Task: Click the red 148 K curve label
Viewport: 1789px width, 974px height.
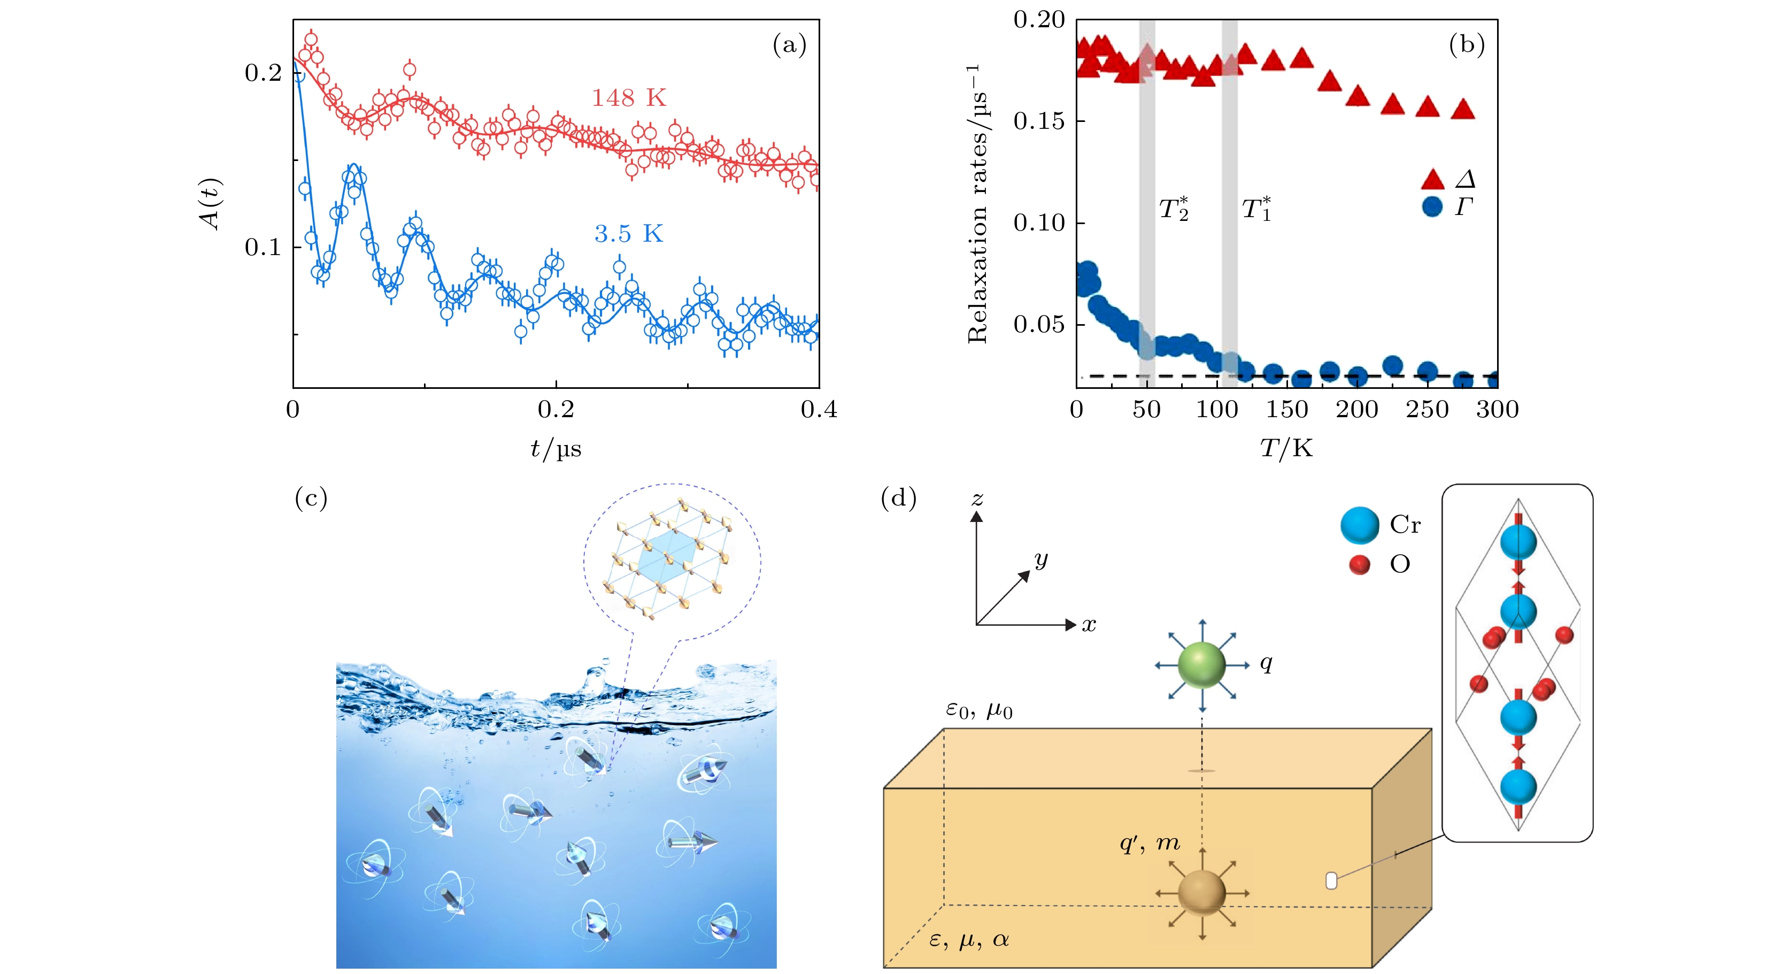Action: pyautogui.click(x=629, y=98)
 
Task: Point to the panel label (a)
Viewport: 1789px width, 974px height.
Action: pyautogui.click(x=790, y=46)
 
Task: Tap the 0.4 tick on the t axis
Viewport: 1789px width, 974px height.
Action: pyautogui.click(x=819, y=410)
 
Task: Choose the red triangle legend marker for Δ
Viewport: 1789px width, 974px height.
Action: pyautogui.click(x=1432, y=180)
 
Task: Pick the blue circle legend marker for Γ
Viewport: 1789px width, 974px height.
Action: pyautogui.click(x=1432, y=206)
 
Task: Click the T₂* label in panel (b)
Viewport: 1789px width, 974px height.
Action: pyautogui.click(x=1174, y=209)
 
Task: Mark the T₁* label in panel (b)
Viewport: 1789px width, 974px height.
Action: pyautogui.click(x=1256, y=209)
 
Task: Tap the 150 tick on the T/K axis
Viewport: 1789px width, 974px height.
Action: pyautogui.click(x=1287, y=410)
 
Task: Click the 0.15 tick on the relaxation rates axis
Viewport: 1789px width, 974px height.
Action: pyautogui.click(x=1038, y=121)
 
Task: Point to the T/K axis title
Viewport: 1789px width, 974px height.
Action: pyautogui.click(x=1286, y=449)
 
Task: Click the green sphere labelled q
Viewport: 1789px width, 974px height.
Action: pyautogui.click(x=1201, y=665)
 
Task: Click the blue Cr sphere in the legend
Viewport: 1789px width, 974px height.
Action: pyautogui.click(x=1359, y=525)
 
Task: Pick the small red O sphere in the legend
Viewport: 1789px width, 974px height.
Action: pyautogui.click(x=1359, y=565)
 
